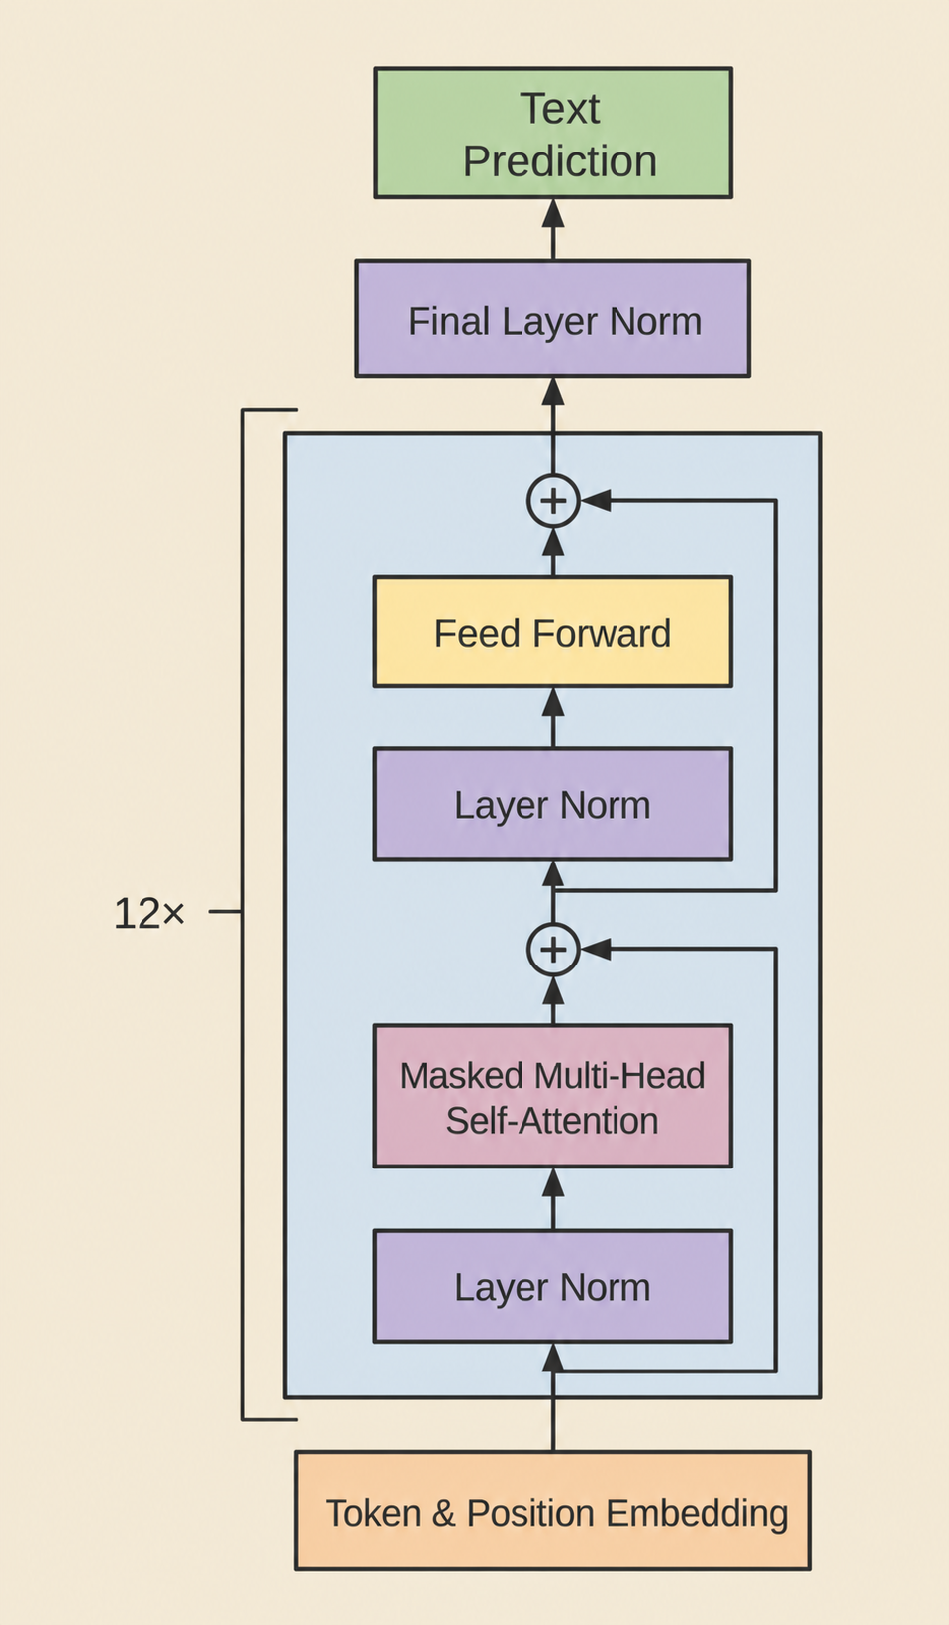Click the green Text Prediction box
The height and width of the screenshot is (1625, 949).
(553, 133)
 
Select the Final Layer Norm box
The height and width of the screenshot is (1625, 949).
(552, 319)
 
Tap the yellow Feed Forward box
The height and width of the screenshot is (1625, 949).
(552, 632)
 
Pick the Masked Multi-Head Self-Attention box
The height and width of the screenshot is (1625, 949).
(552, 1096)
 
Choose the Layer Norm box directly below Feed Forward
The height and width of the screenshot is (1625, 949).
(552, 804)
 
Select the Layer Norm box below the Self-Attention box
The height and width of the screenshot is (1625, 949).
(552, 1286)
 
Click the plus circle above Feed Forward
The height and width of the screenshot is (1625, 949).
(553, 500)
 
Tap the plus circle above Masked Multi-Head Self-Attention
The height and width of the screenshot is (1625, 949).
(553, 949)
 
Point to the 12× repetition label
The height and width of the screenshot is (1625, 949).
(149, 913)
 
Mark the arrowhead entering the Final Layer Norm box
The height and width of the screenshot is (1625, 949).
(553, 392)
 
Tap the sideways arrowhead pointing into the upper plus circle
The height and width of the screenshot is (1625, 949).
(595, 500)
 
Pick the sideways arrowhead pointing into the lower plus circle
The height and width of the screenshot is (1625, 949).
(595, 949)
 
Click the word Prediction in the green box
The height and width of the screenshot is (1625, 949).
(560, 161)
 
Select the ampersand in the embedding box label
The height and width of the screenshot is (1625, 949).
(443, 1513)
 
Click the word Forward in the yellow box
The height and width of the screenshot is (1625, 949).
(602, 633)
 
